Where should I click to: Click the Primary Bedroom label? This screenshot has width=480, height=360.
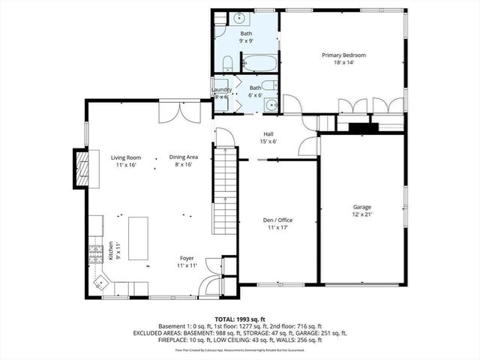point(343,55)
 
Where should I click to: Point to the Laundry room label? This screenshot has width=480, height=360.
point(222,90)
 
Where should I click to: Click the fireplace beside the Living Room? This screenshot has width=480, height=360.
point(80,166)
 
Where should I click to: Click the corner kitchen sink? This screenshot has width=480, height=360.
point(100,283)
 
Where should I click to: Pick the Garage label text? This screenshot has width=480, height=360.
point(362,207)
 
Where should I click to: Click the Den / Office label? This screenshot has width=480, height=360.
point(277,219)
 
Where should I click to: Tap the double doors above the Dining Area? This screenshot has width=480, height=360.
point(179,111)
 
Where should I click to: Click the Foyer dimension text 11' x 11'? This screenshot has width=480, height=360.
point(187,266)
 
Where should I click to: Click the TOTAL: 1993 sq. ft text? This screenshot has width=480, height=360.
point(240,319)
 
